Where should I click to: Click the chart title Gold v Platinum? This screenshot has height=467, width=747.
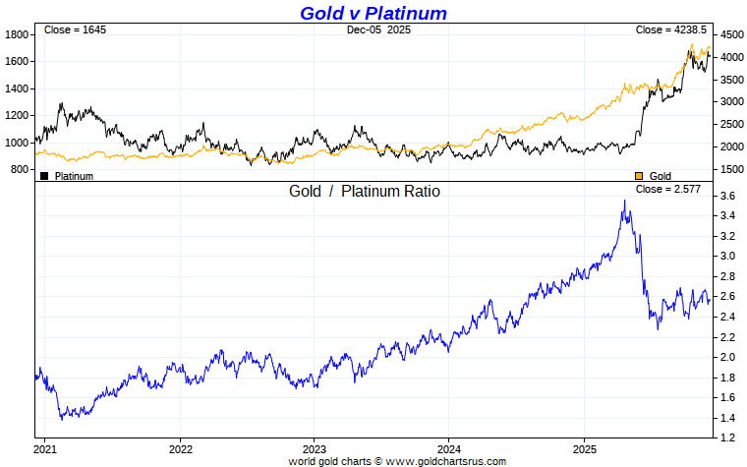373,13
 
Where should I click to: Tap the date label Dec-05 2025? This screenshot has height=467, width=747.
379,30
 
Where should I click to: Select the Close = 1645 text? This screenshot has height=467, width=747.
75,30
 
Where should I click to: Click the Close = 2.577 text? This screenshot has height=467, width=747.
668,189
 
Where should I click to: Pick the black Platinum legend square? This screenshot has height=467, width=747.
44,176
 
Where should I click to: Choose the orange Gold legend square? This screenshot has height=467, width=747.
639,176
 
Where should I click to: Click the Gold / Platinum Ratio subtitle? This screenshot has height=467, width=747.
364,191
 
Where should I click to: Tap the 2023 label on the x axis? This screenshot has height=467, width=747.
314,449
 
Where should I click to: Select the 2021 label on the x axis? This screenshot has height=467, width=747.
45,449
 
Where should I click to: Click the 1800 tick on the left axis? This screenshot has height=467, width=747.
18,34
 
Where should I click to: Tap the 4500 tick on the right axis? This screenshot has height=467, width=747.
731,34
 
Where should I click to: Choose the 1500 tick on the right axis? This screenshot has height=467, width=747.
731,169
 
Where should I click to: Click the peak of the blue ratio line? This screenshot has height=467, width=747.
624,201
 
